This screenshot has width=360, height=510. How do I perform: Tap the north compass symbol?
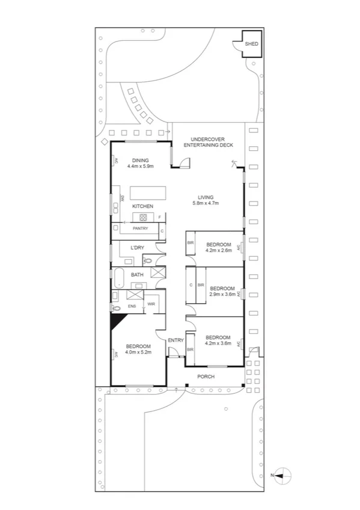[284, 475]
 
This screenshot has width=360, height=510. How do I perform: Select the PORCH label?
[206, 376]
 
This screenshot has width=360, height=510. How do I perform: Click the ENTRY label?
[175, 340]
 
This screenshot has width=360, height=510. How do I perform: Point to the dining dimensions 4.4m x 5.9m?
[141, 166]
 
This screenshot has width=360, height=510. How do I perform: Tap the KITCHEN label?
[143, 206]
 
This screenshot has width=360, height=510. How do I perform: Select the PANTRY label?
[141, 229]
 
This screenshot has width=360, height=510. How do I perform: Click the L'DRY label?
[137, 248]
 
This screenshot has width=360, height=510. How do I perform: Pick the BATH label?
[138, 275]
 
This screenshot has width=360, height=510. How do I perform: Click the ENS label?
[132, 306]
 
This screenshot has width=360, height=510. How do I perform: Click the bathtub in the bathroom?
[119, 277]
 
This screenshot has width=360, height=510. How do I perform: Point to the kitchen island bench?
[147, 192]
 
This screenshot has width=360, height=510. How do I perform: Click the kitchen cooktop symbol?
[144, 217]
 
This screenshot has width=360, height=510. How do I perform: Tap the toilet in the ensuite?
[116, 307]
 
